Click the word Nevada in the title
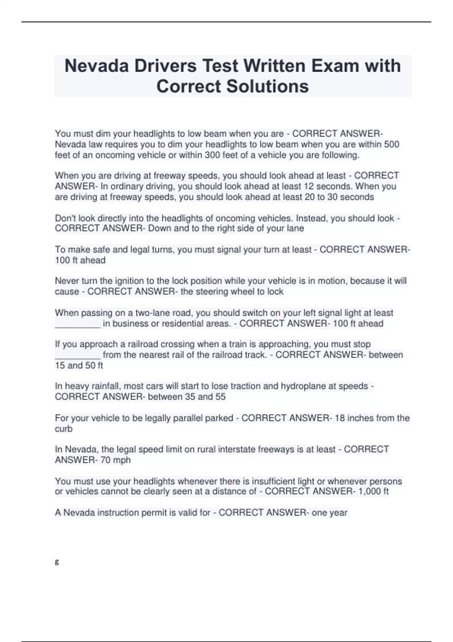point(97,66)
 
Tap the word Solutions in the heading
point(267,86)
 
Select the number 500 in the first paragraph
point(391,144)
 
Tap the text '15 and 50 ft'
point(79,365)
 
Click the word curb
point(63,429)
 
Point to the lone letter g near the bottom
point(57,562)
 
